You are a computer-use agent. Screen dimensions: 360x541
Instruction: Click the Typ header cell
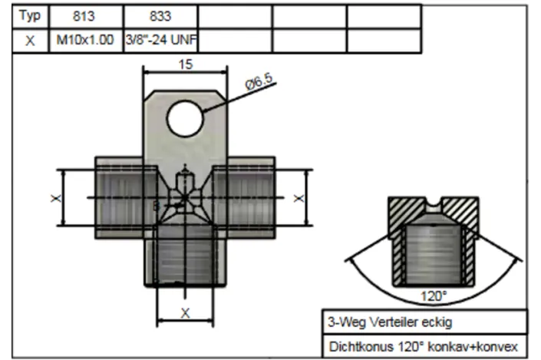(x=29, y=16)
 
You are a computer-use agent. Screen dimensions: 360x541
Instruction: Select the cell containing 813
(x=86, y=16)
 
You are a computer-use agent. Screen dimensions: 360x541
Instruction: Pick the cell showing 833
(x=160, y=16)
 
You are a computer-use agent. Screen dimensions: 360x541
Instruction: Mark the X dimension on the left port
(x=55, y=198)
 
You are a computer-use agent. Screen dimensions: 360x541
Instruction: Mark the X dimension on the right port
(x=299, y=198)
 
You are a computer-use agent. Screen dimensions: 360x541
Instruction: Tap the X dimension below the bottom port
(x=185, y=312)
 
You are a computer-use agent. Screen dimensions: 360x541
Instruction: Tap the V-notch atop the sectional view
(x=434, y=205)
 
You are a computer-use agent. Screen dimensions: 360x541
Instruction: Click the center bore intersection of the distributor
(x=183, y=197)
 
